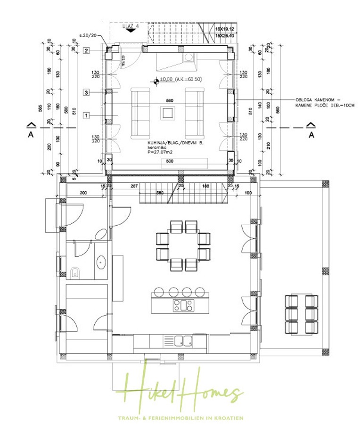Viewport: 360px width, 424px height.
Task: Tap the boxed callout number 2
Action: pos(86,50)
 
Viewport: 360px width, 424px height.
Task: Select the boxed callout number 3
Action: pos(86,92)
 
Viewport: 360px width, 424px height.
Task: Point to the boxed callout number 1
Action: pos(86,114)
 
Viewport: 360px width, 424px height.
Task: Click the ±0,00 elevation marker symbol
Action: pos(155,80)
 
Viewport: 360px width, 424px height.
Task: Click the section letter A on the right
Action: pos(311,134)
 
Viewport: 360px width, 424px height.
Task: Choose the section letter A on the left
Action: pos(30,134)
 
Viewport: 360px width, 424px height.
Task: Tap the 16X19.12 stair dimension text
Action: pos(225,29)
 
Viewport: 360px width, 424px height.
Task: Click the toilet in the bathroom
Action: pos(75,271)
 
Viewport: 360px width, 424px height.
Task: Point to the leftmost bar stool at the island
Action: pos(160,291)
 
